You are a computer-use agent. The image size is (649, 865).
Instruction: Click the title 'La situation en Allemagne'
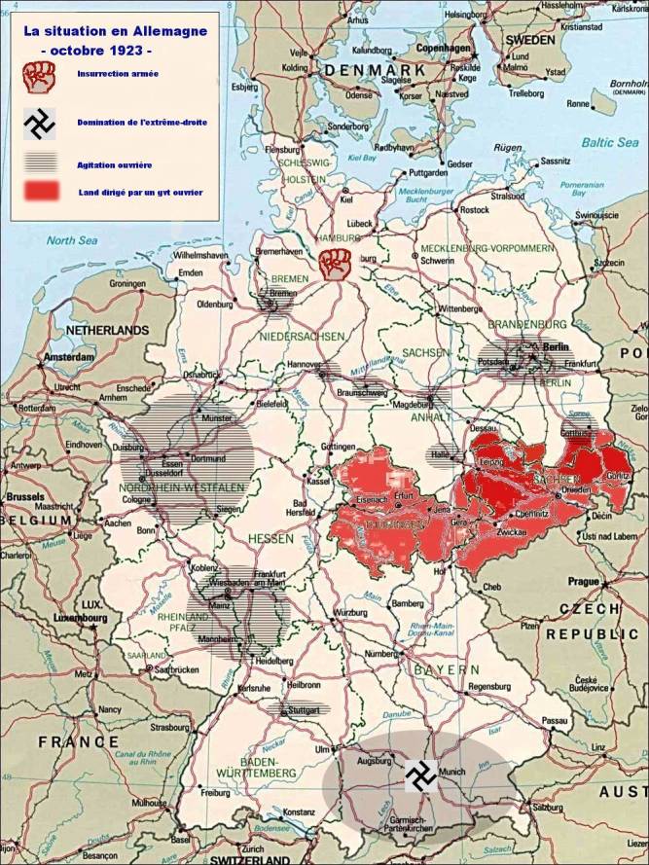115,32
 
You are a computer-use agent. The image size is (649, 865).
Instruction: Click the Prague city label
585,581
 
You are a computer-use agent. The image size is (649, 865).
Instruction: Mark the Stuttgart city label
305,711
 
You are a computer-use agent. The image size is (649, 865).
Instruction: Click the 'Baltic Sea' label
608,143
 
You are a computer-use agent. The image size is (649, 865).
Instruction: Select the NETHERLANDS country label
107,330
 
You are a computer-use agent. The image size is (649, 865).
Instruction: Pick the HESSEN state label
271,537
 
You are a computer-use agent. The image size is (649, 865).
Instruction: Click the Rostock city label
474,209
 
